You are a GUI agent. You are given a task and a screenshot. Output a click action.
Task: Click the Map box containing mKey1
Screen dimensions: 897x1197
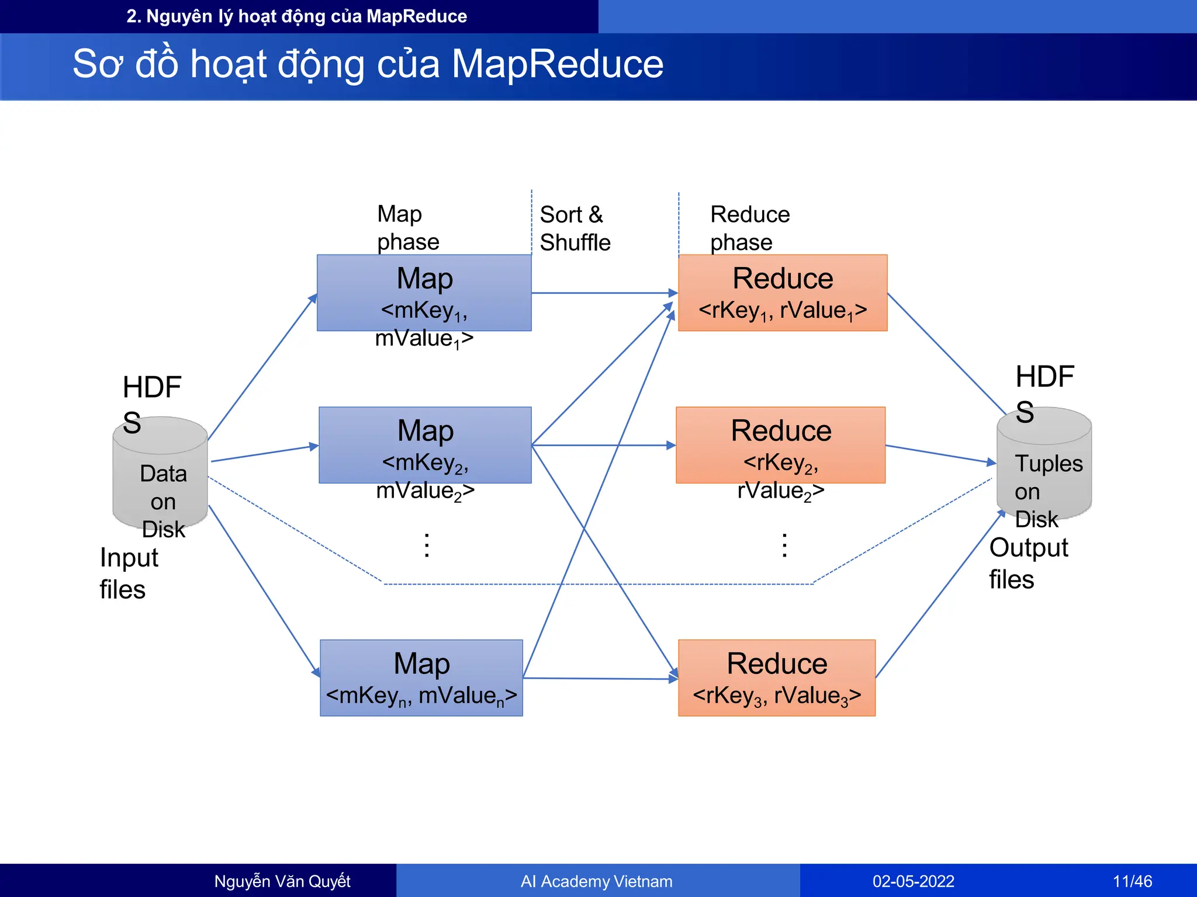click(424, 293)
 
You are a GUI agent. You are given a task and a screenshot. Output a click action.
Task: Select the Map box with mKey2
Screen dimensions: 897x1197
click(425, 444)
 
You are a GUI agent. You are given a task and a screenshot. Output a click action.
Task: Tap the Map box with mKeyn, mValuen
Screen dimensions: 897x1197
click(421, 677)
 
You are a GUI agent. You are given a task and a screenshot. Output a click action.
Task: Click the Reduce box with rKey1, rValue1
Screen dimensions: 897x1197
click(783, 293)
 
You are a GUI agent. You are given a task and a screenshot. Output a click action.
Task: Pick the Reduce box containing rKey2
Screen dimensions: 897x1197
click(781, 444)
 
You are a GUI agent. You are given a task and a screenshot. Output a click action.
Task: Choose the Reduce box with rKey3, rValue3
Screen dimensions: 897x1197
click(777, 677)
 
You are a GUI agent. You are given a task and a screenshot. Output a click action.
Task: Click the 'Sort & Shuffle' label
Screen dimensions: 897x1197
click(575, 228)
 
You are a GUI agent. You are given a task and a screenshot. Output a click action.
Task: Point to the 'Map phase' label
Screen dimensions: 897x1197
click(407, 228)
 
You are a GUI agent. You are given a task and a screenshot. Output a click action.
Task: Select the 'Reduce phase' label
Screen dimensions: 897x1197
click(749, 228)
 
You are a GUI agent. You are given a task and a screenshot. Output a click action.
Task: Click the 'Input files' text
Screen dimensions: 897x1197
click(128, 573)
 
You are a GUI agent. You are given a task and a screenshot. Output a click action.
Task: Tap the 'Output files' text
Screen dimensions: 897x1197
click(1028, 563)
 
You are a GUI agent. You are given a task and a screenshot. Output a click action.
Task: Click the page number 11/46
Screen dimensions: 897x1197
click(1132, 881)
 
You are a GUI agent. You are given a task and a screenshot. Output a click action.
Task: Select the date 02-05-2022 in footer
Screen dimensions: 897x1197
click(913, 881)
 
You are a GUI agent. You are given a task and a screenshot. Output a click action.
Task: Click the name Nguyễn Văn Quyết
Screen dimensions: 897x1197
click(282, 881)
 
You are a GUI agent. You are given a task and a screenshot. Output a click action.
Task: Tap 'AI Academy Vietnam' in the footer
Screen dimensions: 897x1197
click(596, 881)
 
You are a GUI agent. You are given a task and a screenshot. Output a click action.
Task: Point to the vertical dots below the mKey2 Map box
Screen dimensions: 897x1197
click(427, 545)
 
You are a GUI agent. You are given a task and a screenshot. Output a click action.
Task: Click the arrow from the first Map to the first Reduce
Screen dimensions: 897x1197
click(602, 293)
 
